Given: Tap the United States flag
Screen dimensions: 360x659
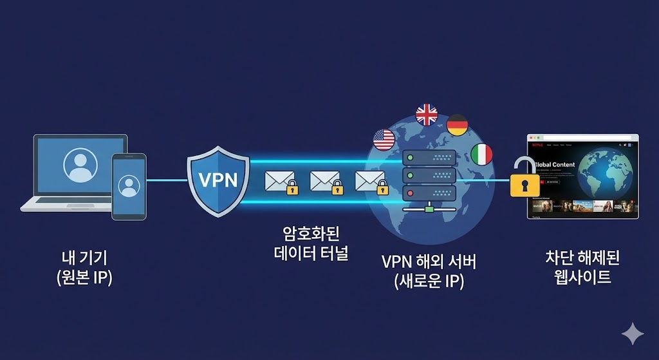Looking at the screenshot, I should pos(384,139).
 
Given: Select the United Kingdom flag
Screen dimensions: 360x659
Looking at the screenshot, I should pos(426,115).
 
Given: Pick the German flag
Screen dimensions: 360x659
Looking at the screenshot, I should pos(457,124).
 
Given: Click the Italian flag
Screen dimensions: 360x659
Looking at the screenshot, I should pos(481,154).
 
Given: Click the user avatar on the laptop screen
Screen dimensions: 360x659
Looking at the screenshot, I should pos(80,166).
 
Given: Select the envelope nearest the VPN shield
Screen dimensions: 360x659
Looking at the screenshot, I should pos(280,182).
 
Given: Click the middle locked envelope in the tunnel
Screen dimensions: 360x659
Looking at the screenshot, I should pos(325,182).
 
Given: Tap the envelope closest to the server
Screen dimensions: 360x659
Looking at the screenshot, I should pos(370,182).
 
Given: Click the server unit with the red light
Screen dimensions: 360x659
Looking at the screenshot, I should pos(429,192).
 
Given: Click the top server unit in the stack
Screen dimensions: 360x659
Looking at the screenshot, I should pos(429,158).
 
